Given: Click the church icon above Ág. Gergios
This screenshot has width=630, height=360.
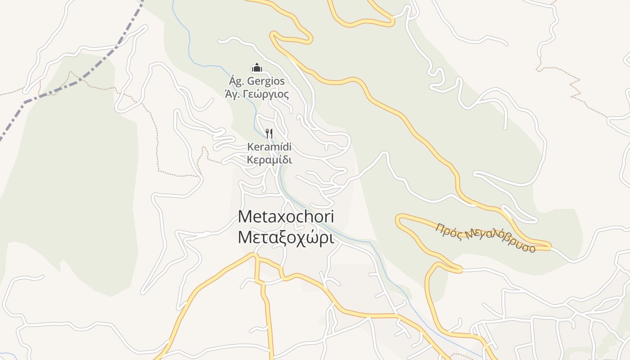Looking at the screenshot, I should (256, 68).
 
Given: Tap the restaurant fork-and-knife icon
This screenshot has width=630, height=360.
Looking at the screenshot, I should (269, 133).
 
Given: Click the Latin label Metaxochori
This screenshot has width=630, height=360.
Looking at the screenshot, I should (286, 216).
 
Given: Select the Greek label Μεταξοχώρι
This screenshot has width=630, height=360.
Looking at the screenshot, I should (286, 238).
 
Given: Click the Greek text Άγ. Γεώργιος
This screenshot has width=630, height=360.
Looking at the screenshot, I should (256, 94).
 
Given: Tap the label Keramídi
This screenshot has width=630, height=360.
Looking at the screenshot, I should (269, 147).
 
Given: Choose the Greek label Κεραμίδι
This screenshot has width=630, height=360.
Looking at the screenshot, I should (270, 160).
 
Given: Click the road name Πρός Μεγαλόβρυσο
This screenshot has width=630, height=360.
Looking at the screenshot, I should (485, 238).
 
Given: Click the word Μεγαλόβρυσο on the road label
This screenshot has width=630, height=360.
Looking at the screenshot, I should (500, 241).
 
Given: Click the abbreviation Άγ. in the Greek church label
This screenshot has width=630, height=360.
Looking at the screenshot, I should (232, 94).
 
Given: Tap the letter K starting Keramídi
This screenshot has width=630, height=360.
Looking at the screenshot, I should (250, 147).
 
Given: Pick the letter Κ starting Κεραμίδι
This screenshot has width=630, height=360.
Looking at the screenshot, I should (250, 160).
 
